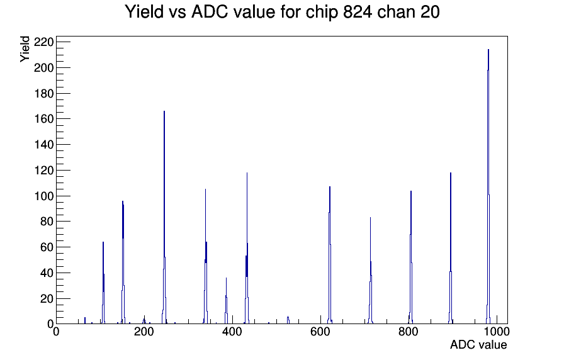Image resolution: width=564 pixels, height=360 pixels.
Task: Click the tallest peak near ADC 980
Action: [x=488, y=187]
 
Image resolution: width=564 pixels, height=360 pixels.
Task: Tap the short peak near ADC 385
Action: [x=226, y=300]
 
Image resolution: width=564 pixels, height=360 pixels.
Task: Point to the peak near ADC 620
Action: [x=329, y=256]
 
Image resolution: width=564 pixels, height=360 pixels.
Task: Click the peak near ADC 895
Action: [x=450, y=248]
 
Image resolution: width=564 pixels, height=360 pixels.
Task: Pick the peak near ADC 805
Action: [x=411, y=257]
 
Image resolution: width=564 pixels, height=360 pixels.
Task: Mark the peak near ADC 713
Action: [x=371, y=270]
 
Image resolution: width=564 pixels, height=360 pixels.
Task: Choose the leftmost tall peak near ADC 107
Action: [x=103, y=283]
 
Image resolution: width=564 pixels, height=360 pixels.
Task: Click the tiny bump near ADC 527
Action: [x=288, y=320]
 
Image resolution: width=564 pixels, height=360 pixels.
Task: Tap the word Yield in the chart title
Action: [x=144, y=12]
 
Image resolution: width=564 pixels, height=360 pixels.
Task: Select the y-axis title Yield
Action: [x=25, y=49]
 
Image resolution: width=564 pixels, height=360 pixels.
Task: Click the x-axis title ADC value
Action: [x=478, y=344]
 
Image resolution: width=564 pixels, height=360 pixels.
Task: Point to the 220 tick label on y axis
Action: [x=43, y=42]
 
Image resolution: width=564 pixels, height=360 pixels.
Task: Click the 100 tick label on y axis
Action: [x=43, y=196]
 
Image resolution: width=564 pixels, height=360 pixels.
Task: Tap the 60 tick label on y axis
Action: [x=47, y=247]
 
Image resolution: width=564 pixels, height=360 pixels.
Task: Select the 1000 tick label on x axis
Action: [x=497, y=331]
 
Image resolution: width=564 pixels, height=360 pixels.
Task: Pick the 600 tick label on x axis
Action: [x=320, y=331]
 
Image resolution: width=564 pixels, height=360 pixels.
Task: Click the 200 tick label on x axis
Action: [x=144, y=331]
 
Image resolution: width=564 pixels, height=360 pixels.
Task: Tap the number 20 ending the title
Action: [x=430, y=12]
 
